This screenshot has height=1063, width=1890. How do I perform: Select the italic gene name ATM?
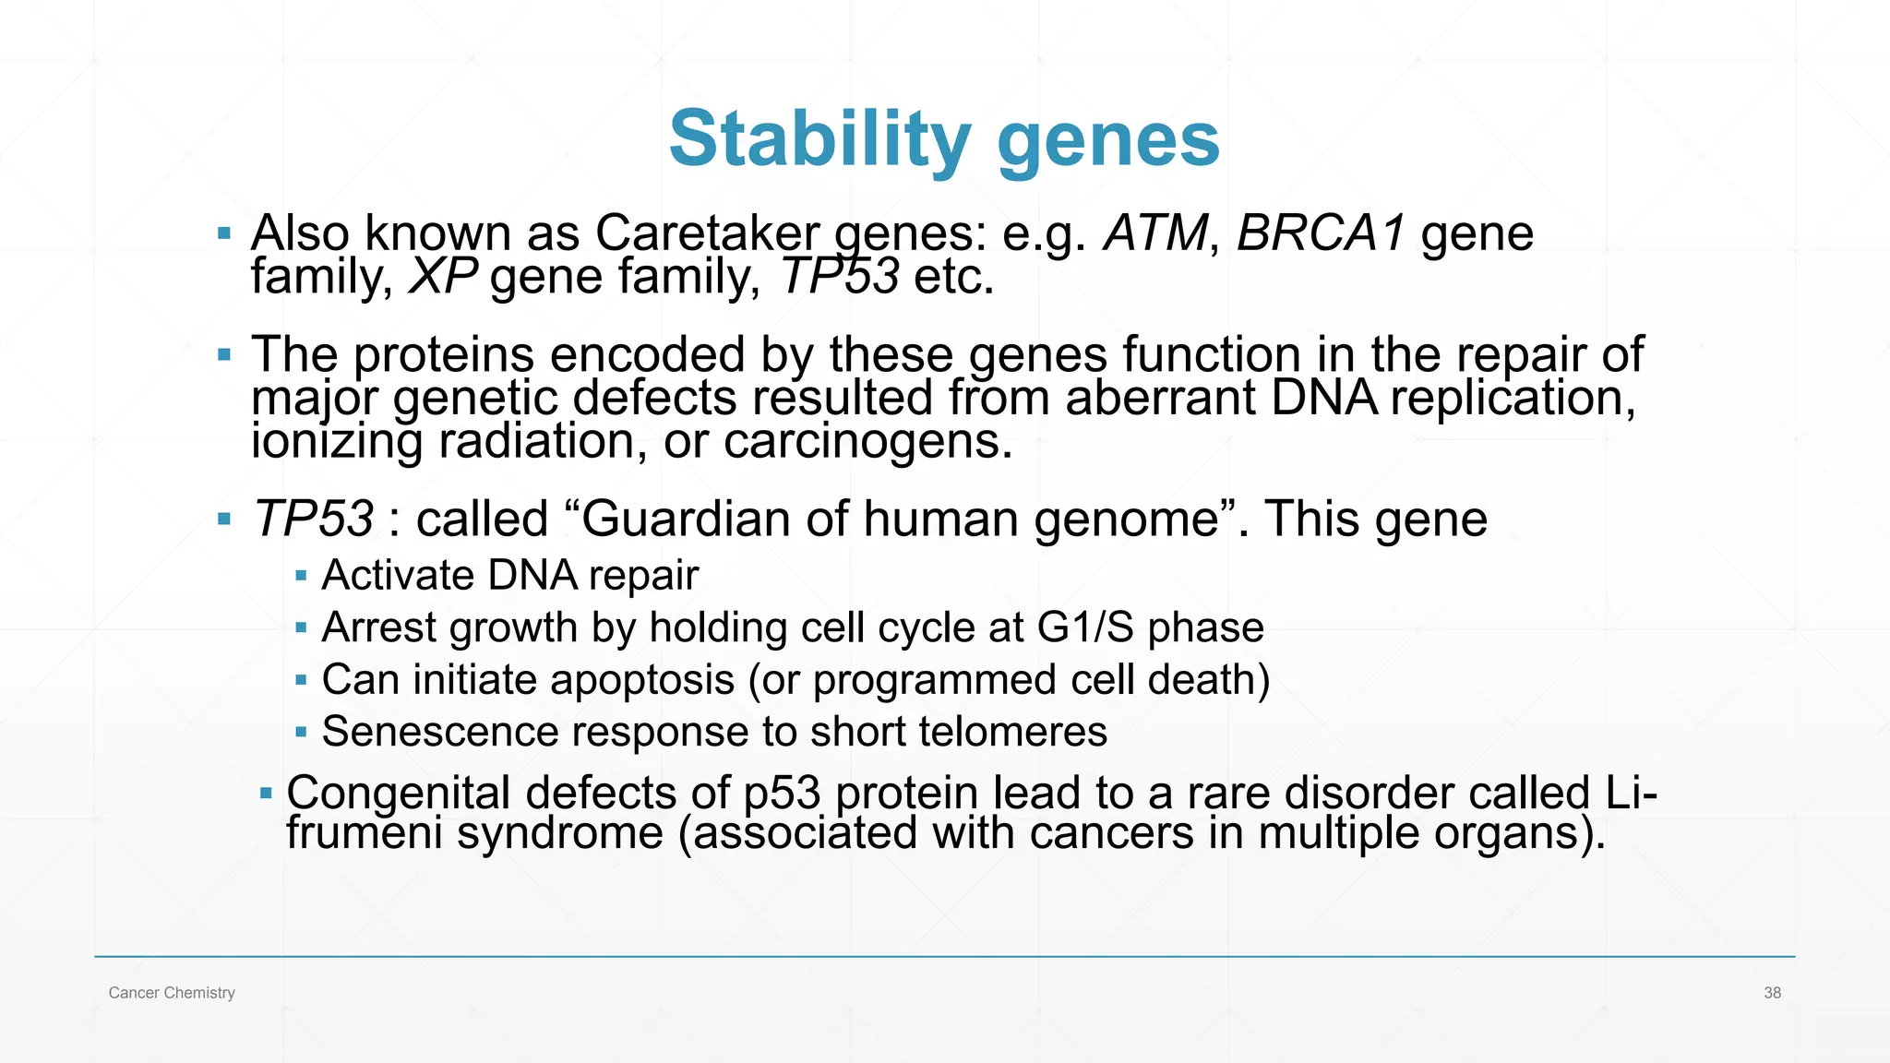click(x=1155, y=233)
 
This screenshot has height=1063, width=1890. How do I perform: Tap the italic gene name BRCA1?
click(x=1321, y=233)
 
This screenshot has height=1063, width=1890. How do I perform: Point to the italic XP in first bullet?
click(x=443, y=276)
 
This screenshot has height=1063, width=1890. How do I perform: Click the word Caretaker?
click(x=707, y=233)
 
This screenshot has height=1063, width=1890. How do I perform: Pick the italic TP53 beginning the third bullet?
click(x=314, y=519)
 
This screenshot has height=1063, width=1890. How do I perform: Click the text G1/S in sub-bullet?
click(x=1084, y=627)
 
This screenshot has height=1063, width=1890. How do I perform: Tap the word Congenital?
click(x=398, y=793)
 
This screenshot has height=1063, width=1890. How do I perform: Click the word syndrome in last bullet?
click(x=559, y=833)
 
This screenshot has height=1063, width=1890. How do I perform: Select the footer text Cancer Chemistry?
click(x=172, y=993)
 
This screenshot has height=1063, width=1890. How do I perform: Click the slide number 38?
click(x=1772, y=993)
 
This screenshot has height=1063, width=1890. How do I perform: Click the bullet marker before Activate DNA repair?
click(x=301, y=576)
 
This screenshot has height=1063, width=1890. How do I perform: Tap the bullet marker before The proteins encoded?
click(x=224, y=354)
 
